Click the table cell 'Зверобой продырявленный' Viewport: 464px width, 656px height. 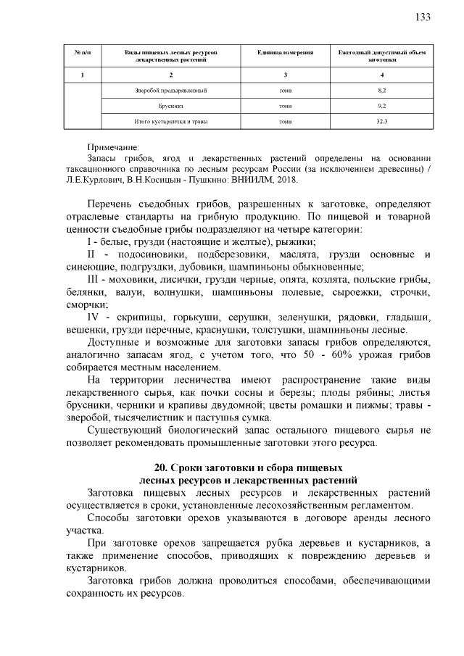pos(172,91)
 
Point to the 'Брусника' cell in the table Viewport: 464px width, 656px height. pos(172,106)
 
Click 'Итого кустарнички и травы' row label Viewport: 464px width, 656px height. pos(172,121)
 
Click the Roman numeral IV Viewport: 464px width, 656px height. pos(93,317)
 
